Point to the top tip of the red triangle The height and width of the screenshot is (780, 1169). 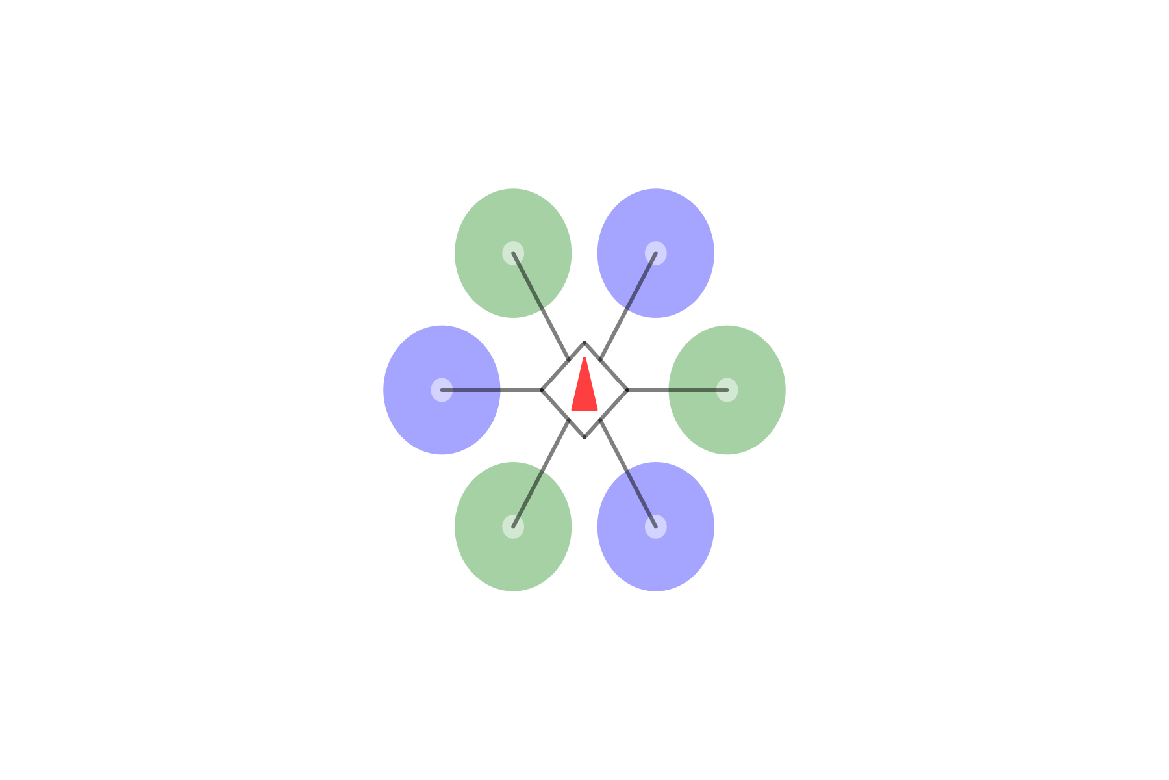coord(584,359)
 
